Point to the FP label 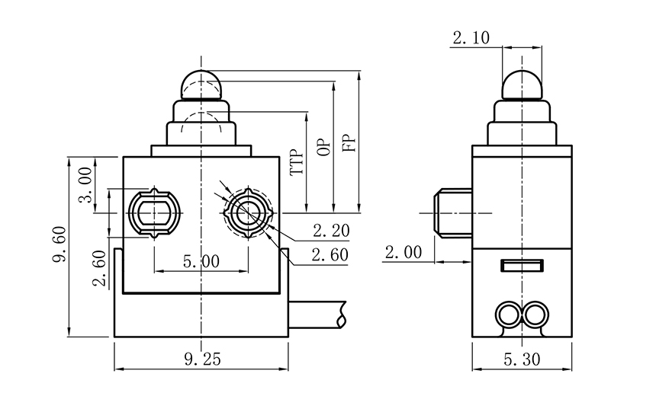349,142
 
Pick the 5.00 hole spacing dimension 201,261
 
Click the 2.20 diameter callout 330,229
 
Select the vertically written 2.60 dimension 99,270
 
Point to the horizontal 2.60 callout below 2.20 330,254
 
